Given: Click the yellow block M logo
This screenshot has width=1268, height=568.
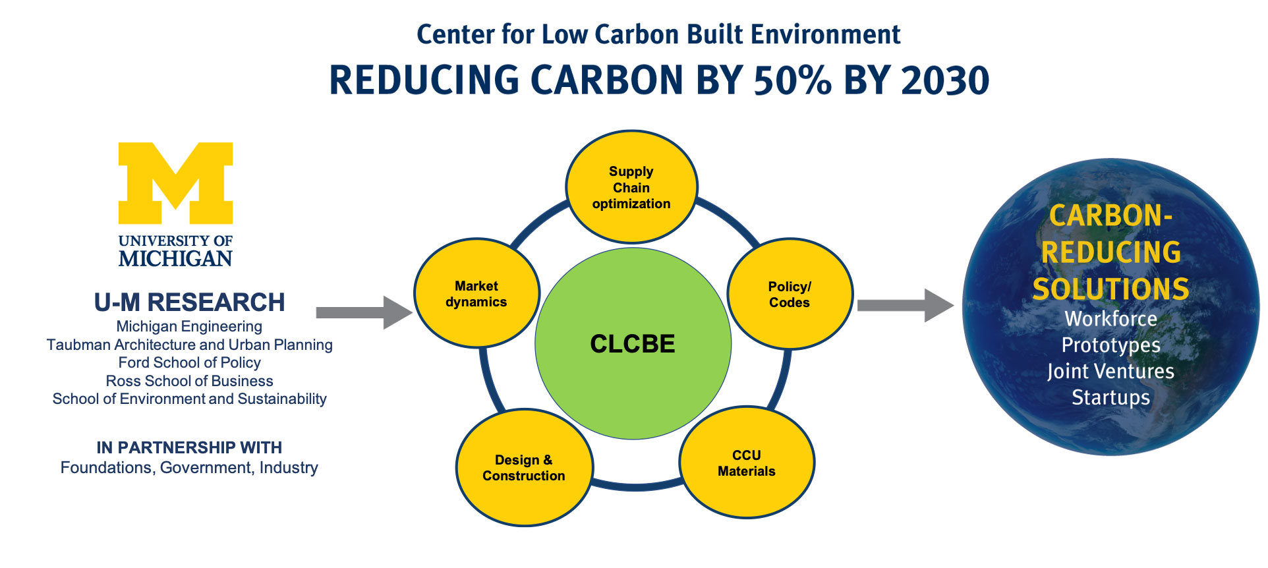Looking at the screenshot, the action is [175, 183].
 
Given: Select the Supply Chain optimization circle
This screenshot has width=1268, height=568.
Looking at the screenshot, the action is [631, 187].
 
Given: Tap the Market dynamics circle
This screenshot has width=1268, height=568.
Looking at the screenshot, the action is [476, 293].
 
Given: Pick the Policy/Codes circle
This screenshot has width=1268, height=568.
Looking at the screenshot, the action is [790, 294].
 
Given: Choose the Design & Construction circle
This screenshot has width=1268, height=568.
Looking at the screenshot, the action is [524, 468].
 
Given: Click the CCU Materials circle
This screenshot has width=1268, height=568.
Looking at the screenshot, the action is [747, 463].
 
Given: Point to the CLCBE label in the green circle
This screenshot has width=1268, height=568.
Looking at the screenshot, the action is [633, 344].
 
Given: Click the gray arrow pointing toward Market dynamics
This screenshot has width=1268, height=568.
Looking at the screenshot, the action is [364, 312].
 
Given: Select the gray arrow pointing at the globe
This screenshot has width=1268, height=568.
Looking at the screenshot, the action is [906, 305].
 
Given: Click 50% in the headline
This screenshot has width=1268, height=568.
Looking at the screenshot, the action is [793, 80].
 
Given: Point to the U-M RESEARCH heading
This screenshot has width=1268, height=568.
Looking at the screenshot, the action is [190, 302].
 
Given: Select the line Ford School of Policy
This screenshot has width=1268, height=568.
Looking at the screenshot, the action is [190, 362].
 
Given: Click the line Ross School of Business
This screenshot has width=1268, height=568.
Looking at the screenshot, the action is [190, 381].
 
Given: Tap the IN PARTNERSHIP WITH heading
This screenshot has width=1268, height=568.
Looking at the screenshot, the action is [189, 447].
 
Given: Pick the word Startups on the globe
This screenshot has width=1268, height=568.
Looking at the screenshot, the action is [1110, 397].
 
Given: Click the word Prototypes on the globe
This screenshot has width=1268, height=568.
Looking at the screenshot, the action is [1110, 345].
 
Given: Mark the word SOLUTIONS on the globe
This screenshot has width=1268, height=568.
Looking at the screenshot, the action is [1111, 289].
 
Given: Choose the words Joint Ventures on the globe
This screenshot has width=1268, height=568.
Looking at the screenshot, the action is [1110, 371].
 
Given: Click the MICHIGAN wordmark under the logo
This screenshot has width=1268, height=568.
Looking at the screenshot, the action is [175, 258].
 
